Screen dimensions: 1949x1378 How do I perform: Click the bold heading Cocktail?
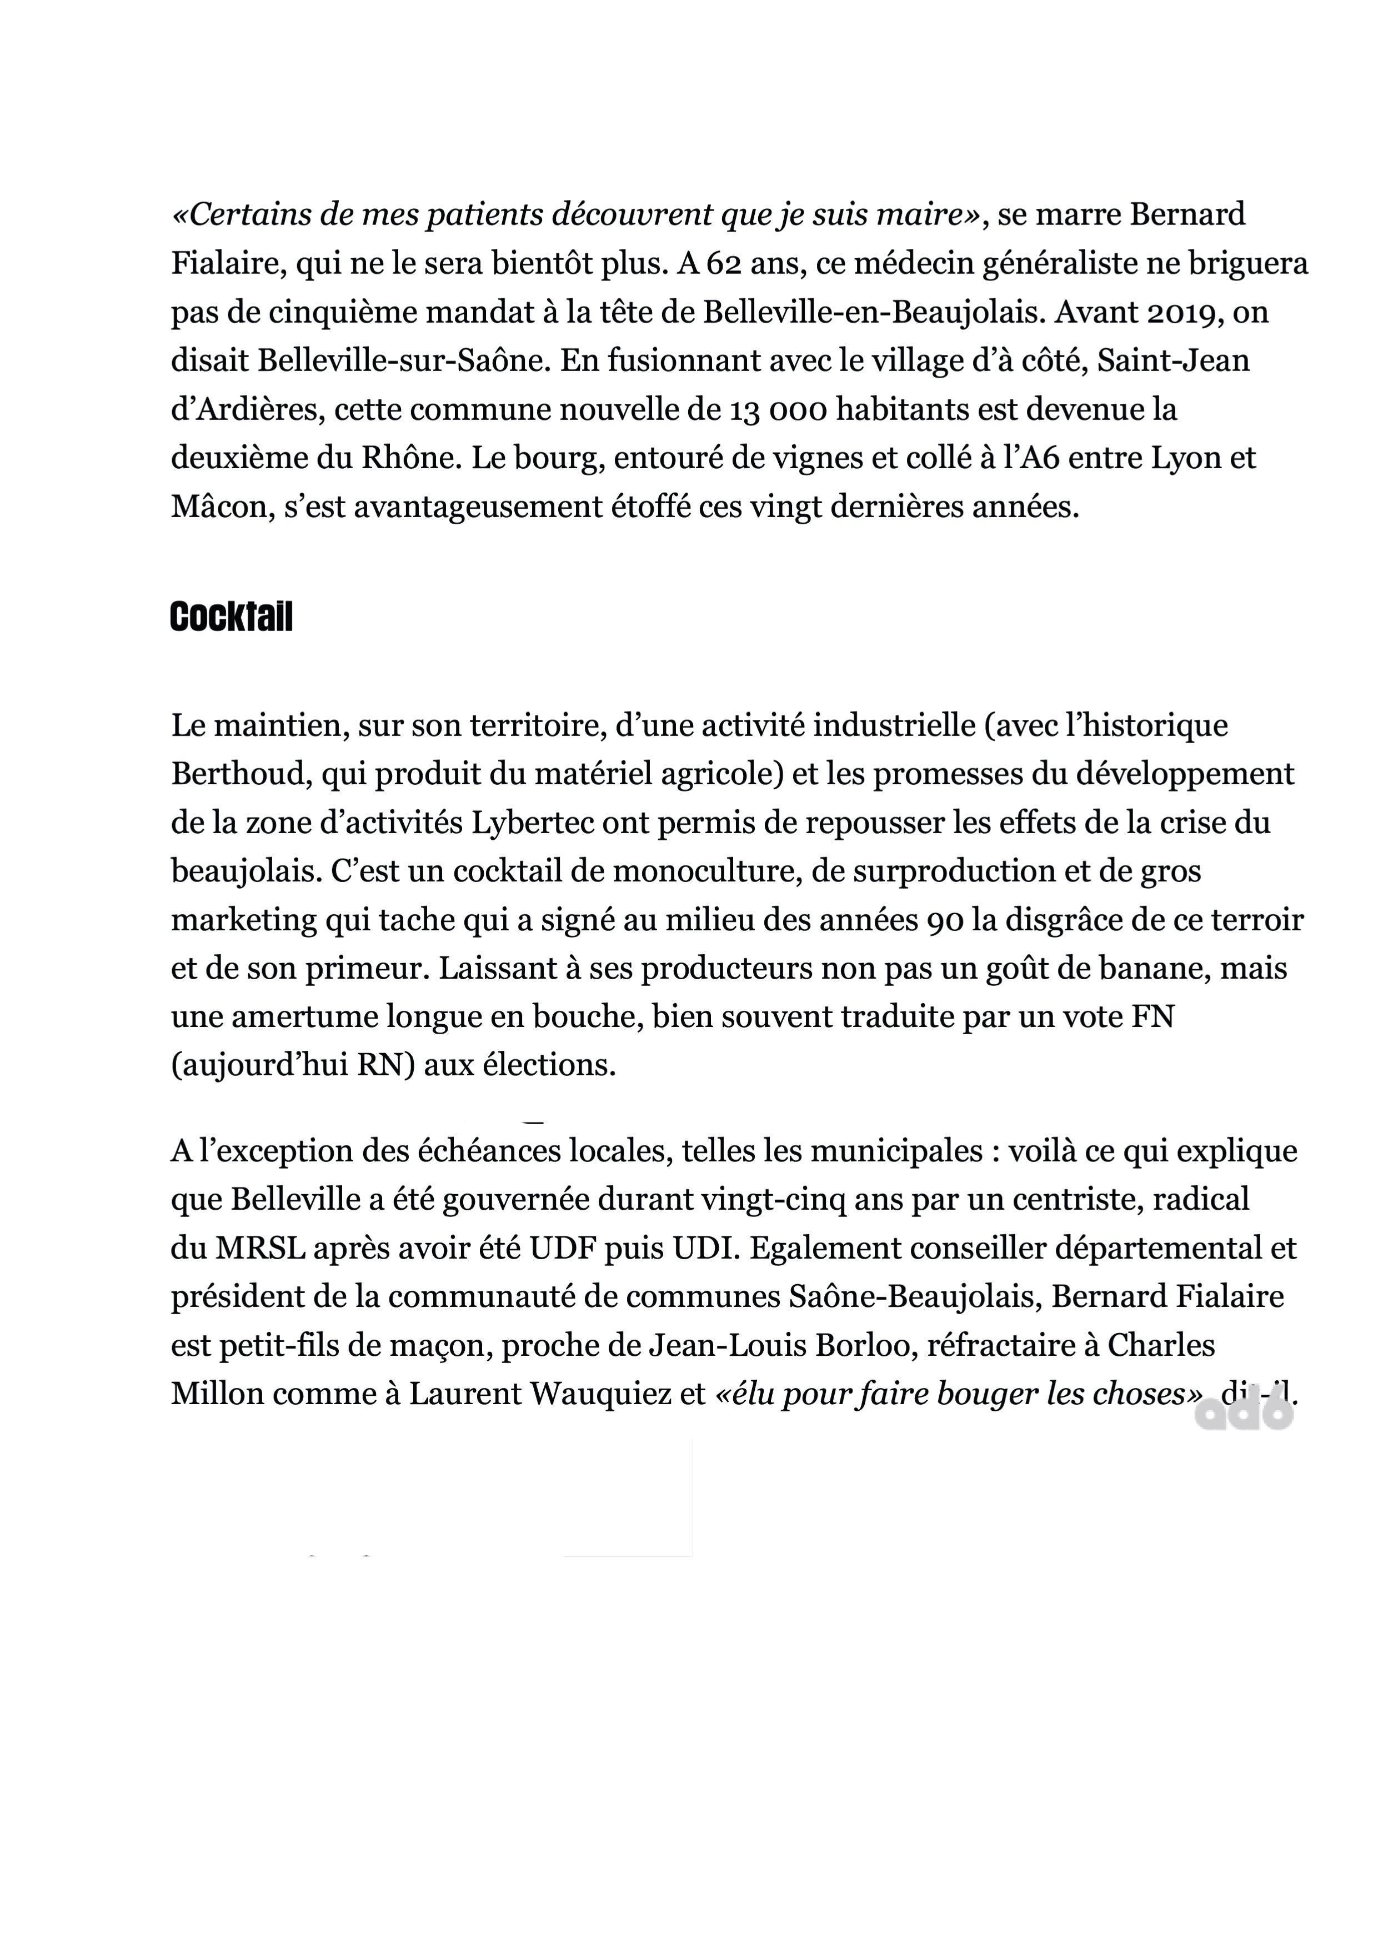231,617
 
